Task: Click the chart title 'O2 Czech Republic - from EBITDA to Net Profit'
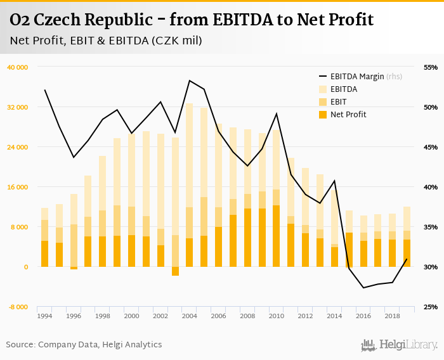pyautogui.click(x=192, y=20)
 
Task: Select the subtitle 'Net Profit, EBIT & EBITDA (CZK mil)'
pyautogui.click(x=106, y=41)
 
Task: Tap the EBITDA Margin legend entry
pyautogui.click(x=359, y=77)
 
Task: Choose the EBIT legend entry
pyautogui.click(x=339, y=101)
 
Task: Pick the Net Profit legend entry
pyautogui.click(x=348, y=114)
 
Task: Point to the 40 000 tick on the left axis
pyautogui.click(x=17, y=67)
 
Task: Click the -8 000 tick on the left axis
pyautogui.click(x=18, y=307)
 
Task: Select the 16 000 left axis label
pyautogui.click(x=17, y=187)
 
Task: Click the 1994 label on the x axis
pyautogui.click(x=44, y=315)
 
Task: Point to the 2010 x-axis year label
pyautogui.click(x=277, y=315)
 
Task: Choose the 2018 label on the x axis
pyautogui.click(x=392, y=315)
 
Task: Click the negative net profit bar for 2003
pyautogui.click(x=175, y=271)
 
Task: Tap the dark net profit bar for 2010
pyautogui.click(x=277, y=236)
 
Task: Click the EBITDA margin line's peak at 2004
pyautogui.click(x=190, y=80)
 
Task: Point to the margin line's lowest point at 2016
pyautogui.click(x=363, y=288)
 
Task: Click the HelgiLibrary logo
pyautogui.click(x=400, y=345)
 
